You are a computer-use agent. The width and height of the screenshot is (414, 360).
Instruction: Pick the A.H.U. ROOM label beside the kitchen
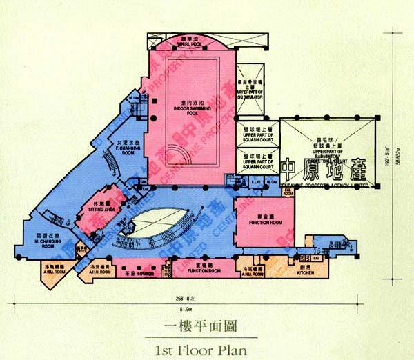coord(253,272)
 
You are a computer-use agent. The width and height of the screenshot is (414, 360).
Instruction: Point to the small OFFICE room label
coord(81,253)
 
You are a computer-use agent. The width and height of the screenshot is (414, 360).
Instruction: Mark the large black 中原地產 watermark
coord(324,169)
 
